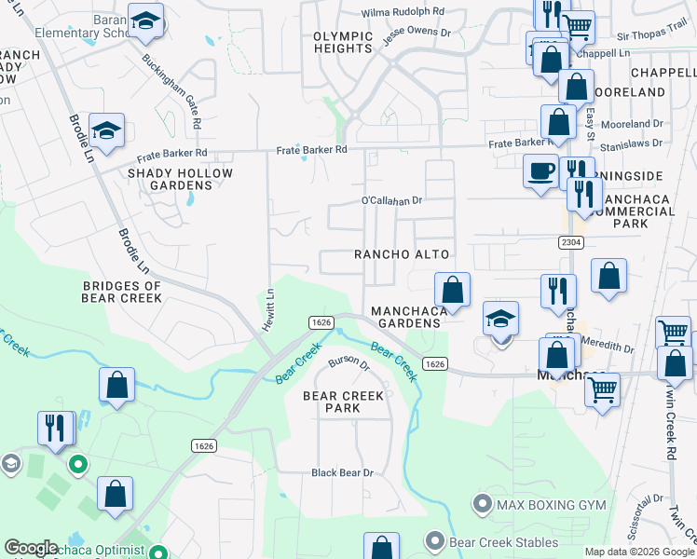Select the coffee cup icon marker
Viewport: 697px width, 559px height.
tap(540, 171)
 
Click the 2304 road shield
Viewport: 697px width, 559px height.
tap(572, 242)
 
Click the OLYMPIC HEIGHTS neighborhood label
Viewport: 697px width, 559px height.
tap(342, 43)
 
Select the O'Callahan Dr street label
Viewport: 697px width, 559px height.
tap(392, 200)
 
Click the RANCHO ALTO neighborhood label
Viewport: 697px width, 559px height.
tap(402, 254)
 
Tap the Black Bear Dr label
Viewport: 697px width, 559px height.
tap(342, 473)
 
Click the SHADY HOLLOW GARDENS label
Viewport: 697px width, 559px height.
tap(180, 179)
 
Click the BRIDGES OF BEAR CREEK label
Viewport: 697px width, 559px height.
tap(122, 292)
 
